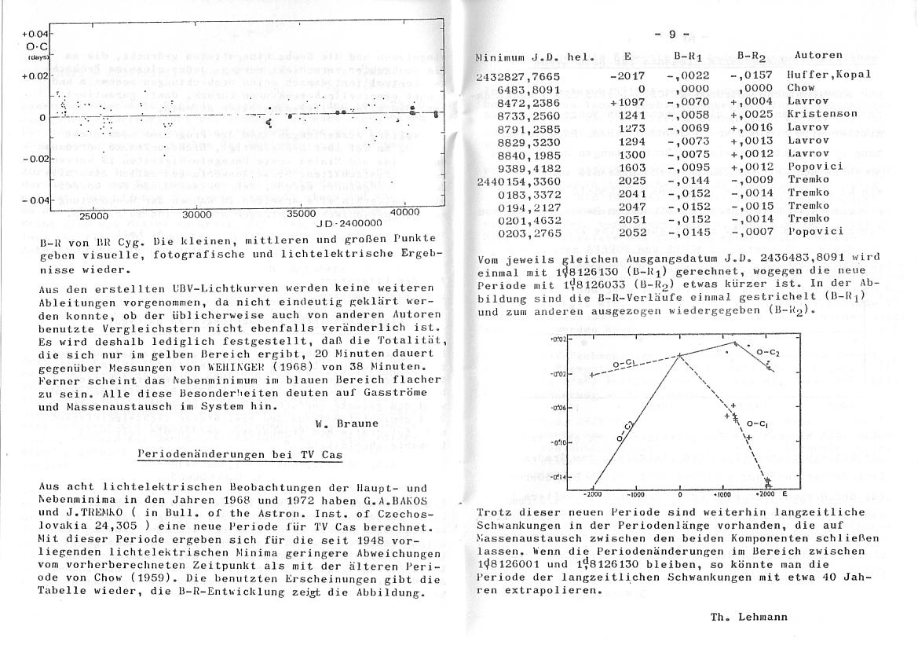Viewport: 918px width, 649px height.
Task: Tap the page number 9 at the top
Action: [x=672, y=34]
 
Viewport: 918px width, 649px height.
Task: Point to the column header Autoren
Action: [x=818, y=55]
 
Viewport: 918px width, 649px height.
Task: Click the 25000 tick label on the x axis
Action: [x=94, y=214]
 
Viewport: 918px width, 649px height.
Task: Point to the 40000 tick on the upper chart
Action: [x=405, y=212]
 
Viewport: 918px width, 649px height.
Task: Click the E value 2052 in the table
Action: [x=632, y=231]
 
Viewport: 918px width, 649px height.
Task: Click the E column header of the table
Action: [x=627, y=57]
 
